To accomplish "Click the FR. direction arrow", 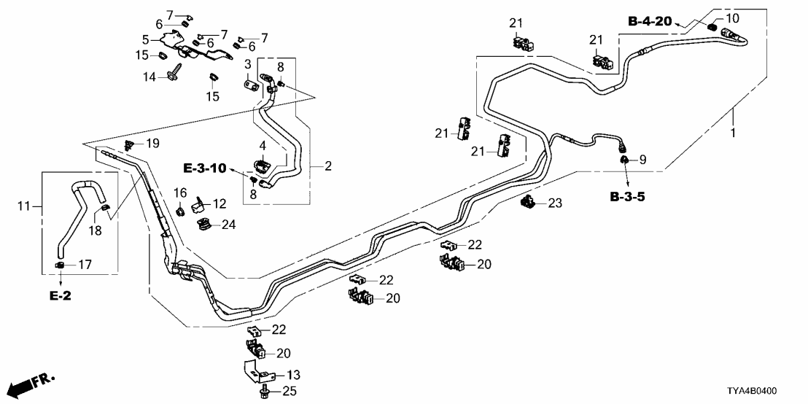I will coord(34,383).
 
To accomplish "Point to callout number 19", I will coord(152,143).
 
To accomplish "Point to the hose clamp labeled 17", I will coord(61,265).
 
